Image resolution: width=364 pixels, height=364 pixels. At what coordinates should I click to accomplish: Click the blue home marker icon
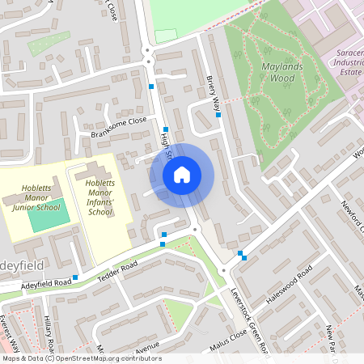point(182,174)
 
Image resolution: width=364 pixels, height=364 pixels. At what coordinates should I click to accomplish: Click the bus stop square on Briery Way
point(218,115)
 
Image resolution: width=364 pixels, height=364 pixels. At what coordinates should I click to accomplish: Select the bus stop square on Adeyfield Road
point(75,277)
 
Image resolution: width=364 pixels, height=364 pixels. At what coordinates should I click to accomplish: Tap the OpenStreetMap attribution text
point(82,358)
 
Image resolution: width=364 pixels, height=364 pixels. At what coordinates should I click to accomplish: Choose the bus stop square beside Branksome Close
point(165,129)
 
